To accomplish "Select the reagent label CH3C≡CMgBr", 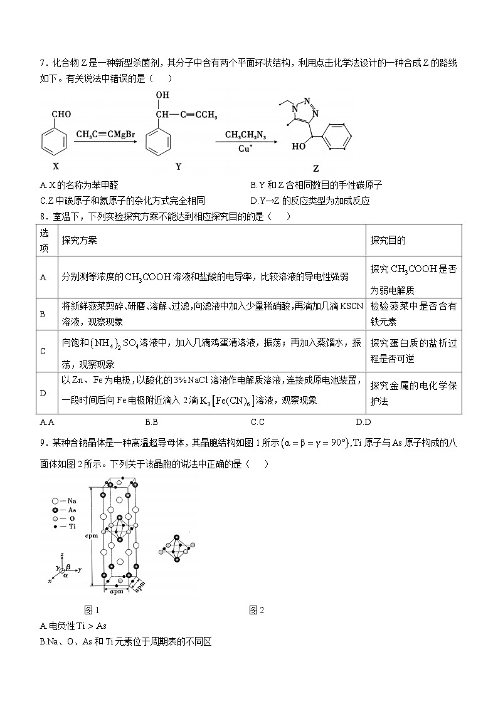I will point(106,134).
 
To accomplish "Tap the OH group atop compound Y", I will point(162,95).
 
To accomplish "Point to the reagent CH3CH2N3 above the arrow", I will point(247,135).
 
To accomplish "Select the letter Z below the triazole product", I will point(315,169).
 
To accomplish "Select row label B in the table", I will point(43,314).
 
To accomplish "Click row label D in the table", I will point(43,393).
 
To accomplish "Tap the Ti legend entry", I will point(64,527).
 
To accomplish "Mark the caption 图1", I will point(92,610).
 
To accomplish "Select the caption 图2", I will point(257,610).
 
